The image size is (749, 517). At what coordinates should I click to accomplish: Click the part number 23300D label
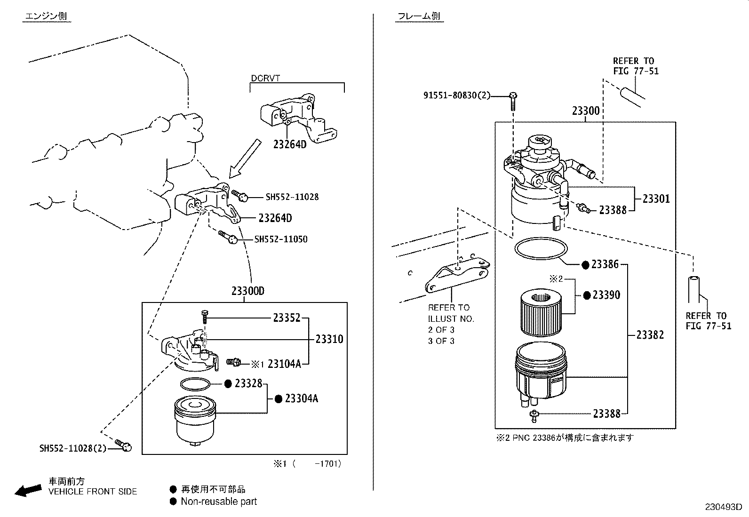pos(247,291)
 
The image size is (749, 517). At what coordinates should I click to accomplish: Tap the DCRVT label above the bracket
pos(265,78)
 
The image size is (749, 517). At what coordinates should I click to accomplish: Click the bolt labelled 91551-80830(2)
pos(513,99)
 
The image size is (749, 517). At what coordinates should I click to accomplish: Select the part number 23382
pos(650,335)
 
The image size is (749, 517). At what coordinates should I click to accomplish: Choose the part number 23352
pos(287,318)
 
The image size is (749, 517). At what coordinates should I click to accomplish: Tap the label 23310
pos(329,339)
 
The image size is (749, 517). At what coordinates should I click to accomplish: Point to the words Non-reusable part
pos(219,501)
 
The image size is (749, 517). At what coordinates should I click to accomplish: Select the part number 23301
pos(656,199)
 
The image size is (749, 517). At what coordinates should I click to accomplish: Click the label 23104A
pos(284,363)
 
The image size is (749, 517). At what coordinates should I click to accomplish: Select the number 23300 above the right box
pos(586,111)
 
